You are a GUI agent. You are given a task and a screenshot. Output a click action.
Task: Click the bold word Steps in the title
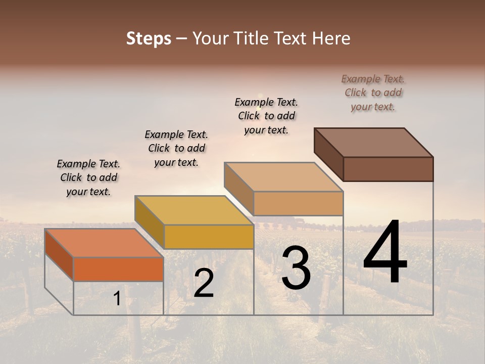(149, 38)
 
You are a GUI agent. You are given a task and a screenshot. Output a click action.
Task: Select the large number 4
(385, 253)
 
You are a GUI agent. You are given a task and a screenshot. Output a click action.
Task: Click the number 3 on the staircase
(296, 267)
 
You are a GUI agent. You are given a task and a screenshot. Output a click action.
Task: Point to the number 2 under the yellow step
(204, 283)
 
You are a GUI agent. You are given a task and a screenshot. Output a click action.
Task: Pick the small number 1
(117, 298)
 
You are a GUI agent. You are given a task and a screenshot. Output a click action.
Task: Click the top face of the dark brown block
(373, 142)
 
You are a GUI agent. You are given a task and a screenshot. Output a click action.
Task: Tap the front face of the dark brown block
(388, 169)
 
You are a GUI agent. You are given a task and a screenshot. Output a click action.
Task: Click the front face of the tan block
(298, 203)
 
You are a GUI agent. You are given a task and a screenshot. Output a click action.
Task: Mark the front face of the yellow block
(209, 237)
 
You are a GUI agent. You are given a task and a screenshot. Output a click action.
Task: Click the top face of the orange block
(104, 243)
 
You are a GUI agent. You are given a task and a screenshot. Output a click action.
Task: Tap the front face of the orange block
(118, 269)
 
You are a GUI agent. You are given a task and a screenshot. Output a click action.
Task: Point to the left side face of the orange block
(59, 255)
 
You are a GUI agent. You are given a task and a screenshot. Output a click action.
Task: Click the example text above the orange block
(88, 177)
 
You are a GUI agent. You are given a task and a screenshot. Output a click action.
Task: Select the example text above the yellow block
(176, 148)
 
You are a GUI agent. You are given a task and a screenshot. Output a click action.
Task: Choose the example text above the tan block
(266, 116)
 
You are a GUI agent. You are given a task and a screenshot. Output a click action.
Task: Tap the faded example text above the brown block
(373, 93)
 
